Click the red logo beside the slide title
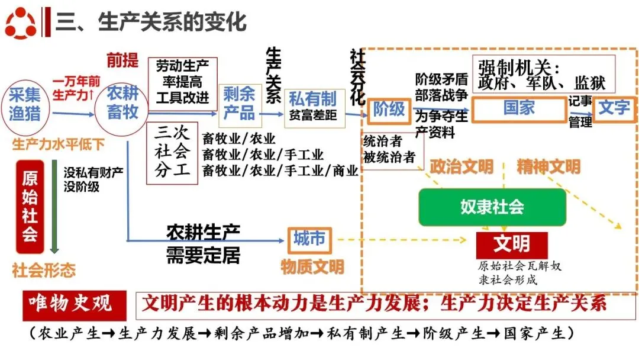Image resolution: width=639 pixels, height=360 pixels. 21,22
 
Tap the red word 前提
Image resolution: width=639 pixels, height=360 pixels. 122,60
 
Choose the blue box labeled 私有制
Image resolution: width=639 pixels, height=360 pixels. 313,105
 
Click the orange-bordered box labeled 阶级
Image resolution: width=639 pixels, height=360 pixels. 389,109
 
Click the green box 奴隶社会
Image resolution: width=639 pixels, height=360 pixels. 492,207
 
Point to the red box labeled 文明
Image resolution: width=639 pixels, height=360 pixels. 512,244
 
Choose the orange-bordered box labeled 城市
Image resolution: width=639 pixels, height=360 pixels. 309,239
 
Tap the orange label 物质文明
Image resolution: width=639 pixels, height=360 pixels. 312,267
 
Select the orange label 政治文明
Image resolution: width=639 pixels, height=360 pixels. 461,166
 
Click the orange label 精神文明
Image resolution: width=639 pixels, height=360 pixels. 548,166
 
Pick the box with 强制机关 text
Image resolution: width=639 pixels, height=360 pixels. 543,75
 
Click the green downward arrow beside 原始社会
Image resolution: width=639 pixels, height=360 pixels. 54,207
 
